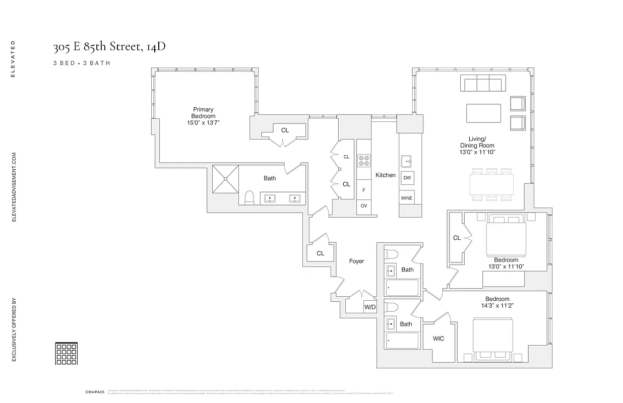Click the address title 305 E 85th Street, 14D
click(x=109, y=47)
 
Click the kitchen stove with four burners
click(x=363, y=161)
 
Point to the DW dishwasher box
click(x=407, y=178)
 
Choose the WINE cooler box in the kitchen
click(x=407, y=198)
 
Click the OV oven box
click(x=363, y=206)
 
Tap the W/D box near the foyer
click(x=369, y=307)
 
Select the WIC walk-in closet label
click(x=439, y=339)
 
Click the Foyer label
click(x=356, y=261)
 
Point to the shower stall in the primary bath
click(x=225, y=178)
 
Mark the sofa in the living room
click(x=483, y=84)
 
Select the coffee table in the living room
click(x=483, y=113)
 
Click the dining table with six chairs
click(x=491, y=184)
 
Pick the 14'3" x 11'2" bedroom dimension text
click(x=497, y=306)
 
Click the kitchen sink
click(x=407, y=161)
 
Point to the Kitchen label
click(x=385, y=175)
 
